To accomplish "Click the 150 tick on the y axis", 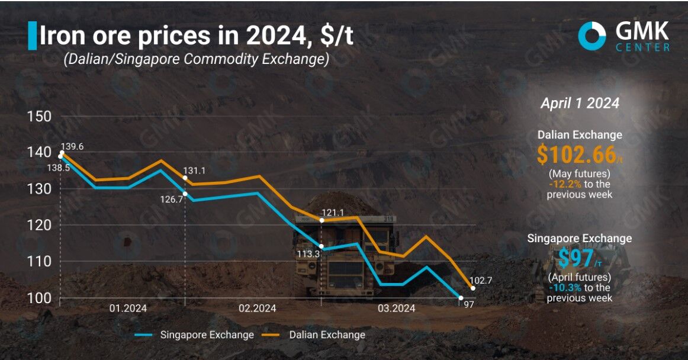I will pyautogui.click(x=39, y=116).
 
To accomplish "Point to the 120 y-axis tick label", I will pyautogui.click(x=39, y=225).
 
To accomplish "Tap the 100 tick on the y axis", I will pyautogui.click(x=39, y=298).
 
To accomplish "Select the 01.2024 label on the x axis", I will pyautogui.click(x=127, y=308).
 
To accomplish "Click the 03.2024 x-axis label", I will pyautogui.click(x=397, y=308).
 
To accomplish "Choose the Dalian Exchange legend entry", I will pyautogui.click(x=327, y=335).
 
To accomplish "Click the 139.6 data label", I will pyautogui.click(x=73, y=146).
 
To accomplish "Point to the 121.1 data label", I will pyautogui.click(x=332, y=212).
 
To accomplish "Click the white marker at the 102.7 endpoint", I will pyautogui.click(x=472, y=288).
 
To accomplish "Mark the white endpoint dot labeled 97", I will pyautogui.click(x=461, y=298).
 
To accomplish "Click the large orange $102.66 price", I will pyautogui.click(x=576, y=155).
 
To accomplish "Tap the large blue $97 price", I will pyautogui.click(x=573, y=259).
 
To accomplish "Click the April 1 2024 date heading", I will pyautogui.click(x=580, y=103).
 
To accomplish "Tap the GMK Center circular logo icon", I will pyautogui.click(x=592, y=36).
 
